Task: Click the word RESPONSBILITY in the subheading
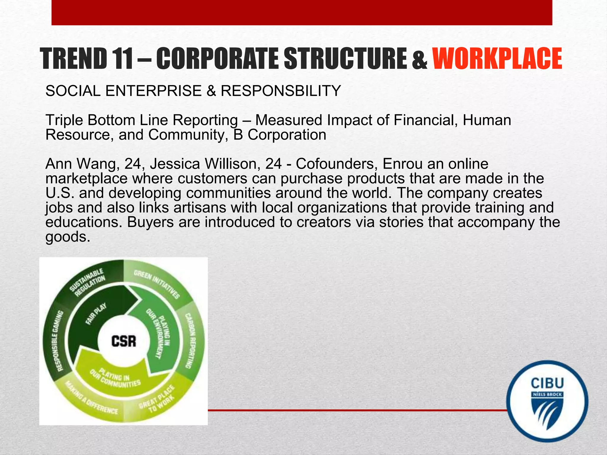point(280,91)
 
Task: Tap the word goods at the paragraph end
point(67,236)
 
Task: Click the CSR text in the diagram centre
point(124,341)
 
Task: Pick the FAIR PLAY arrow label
point(96,314)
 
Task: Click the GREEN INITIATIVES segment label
point(157,284)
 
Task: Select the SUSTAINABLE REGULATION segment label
point(88,282)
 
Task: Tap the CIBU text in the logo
point(547,383)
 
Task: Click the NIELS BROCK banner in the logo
point(547,395)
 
